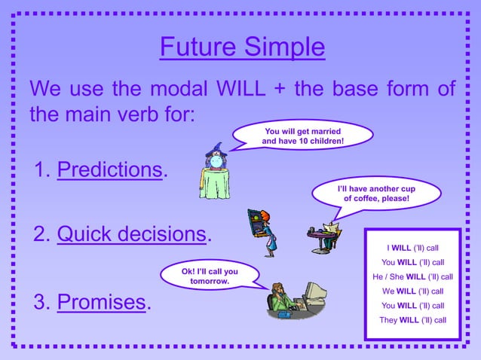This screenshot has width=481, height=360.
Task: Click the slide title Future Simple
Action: pyautogui.click(x=242, y=47)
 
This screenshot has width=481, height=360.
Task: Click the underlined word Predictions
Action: pyautogui.click(x=110, y=169)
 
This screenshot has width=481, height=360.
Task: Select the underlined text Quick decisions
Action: pyautogui.click(x=131, y=235)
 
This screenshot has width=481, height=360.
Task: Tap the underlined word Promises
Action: pyautogui.click(x=101, y=302)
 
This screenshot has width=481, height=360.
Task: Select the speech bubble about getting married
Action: pyautogui.click(x=303, y=136)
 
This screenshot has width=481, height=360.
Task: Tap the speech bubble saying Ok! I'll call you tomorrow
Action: pyautogui.click(x=210, y=276)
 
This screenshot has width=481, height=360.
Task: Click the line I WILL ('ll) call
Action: pyautogui.click(x=412, y=248)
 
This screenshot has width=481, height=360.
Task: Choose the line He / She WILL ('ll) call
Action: pyautogui.click(x=412, y=276)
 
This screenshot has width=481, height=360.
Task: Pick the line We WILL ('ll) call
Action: pyautogui.click(x=412, y=291)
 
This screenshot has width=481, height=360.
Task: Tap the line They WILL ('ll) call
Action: pyautogui.click(x=412, y=320)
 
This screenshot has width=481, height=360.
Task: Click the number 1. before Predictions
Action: pyautogui.click(x=41, y=169)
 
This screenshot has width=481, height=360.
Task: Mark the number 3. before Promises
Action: pyautogui.click(x=41, y=302)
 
